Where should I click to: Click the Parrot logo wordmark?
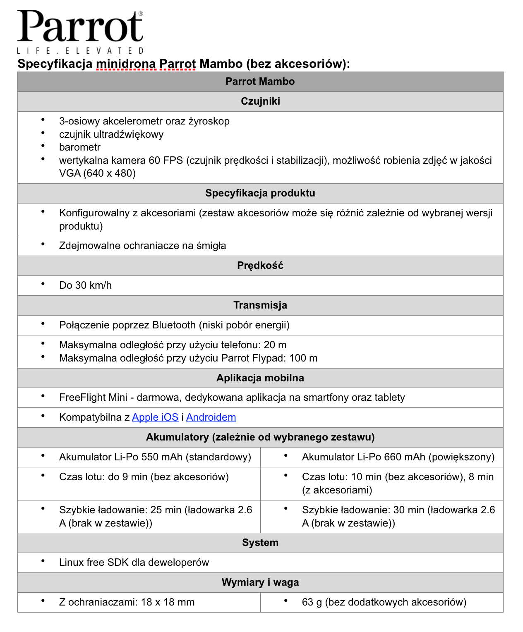(x=80, y=26)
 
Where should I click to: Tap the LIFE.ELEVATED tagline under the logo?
(x=80, y=51)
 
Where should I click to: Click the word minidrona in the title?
(x=126, y=64)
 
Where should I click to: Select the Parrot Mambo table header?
(x=260, y=81)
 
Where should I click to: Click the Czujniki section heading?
(x=260, y=101)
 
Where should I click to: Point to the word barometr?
(x=80, y=147)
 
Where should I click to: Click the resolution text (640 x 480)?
(x=109, y=173)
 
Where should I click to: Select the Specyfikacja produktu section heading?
(x=260, y=193)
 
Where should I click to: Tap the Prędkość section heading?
(x=260, y=266)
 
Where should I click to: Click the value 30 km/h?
(x=94, y=285)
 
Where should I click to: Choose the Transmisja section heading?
(x=260, y=305)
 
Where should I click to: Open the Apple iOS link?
(x=155, y=417)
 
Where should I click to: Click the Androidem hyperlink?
(x=211, y=417)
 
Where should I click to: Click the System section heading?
(x=260, y=543)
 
